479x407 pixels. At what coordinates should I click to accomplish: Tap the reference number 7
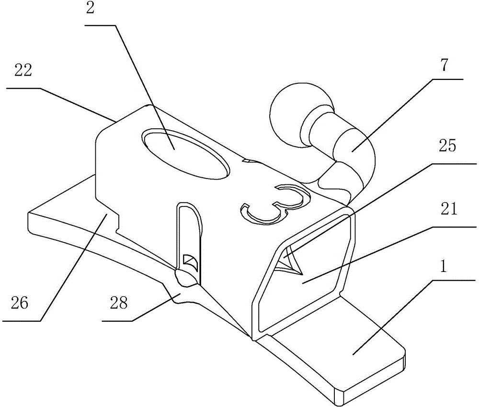click(x=444, y=65)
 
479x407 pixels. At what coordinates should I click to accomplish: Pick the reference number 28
click(x=119, y=303)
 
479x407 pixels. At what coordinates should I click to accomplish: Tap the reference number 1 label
click(x=444, y=266)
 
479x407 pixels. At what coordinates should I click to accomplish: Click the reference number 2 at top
click(x=91, y=8)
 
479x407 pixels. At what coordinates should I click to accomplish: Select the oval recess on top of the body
click(x=186, y=154)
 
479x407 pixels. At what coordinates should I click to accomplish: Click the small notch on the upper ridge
click(x=248, y=160)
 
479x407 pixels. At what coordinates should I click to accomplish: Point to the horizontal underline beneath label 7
click(x=448, y=79)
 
